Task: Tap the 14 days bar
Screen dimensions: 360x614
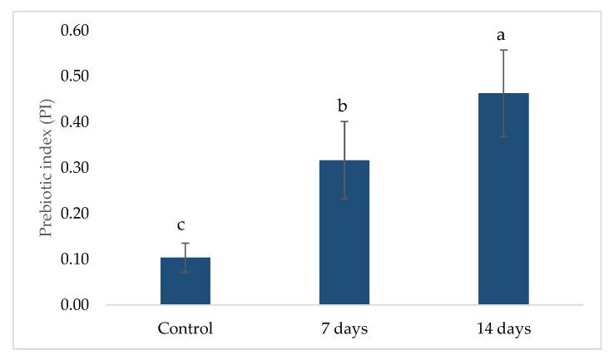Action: (x=503, y=200)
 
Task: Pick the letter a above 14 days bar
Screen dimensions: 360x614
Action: (x=503, y=35)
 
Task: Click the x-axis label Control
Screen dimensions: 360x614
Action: (x=186, y=328)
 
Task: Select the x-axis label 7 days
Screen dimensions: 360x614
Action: (x=344, y=328)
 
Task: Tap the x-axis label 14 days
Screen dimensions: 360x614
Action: (x=503, y=328)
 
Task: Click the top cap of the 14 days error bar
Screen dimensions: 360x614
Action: (x=503, y=50)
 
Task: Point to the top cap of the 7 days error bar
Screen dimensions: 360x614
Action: (x=344, y=121)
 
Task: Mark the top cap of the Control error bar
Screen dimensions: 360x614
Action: (x=186, y=243)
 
